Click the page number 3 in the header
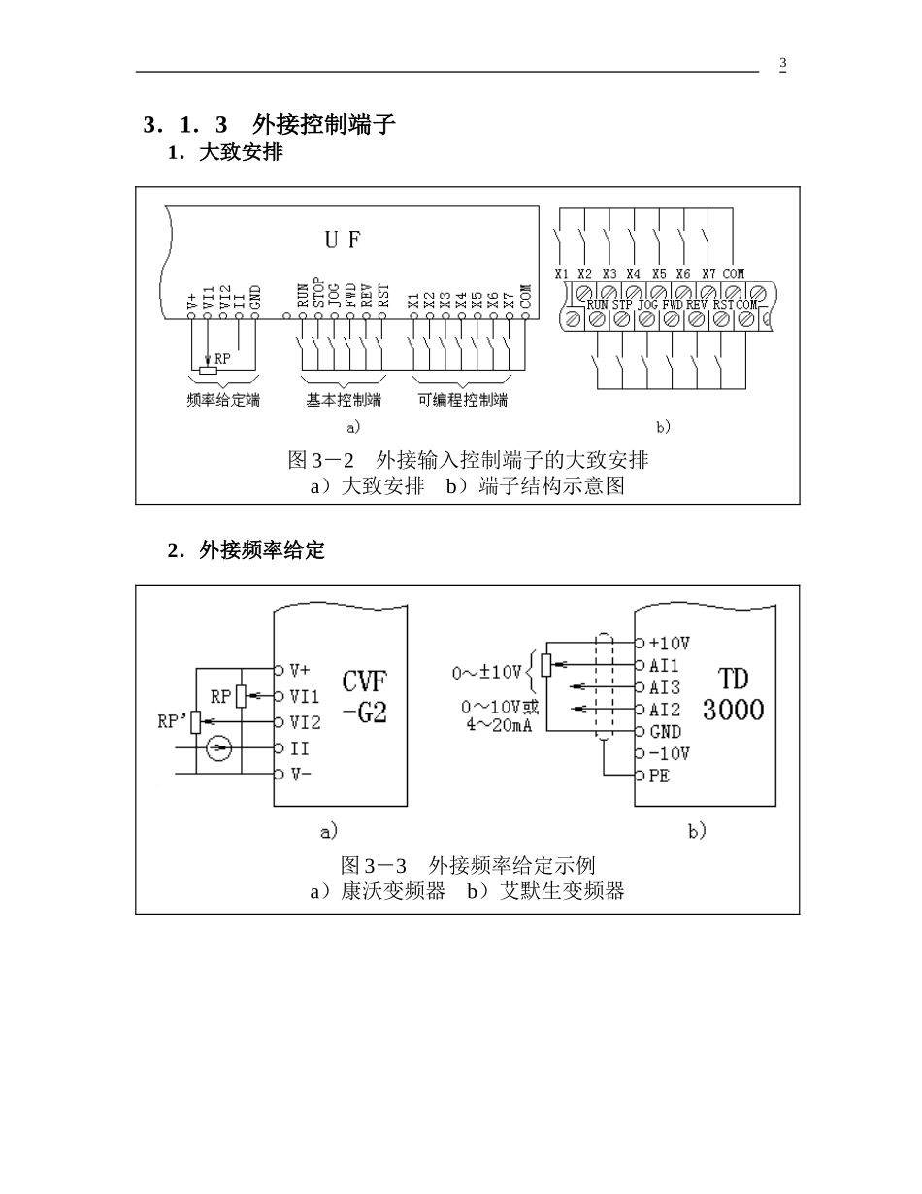pyautogui.click(x=782, y=63)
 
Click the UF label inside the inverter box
pyautogui.click(x=343, y=240)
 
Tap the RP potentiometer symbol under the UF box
pyautogui.click(x=208, y=371)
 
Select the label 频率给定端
pyautogui.click(x=223, y=400)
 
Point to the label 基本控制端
pyautogui.click(x=344, y=400)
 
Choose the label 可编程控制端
pyautogui.click(x=463, y=400)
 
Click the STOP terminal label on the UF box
pyautogui.click(x=318, y=292)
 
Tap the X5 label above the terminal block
pyautogui.click(x=659, y=273)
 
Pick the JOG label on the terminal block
pyautogui.click(x=647, y=305)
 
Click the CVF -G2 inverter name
pyautogui.click(x=365, y=696)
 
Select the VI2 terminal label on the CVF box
pyautogui.click(x=305, y=722)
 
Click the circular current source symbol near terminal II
pyautogui.click(x=218, y=748)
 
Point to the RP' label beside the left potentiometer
pyautogui.click(x=173, y=721)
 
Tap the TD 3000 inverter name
pyautogui.click(x=733, y=694)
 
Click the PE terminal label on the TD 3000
pyautogui.click(x=659, y=776)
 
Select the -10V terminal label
pyautogui.click(x=669, y=753)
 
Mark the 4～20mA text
pyautogui.click(x=499, y=725)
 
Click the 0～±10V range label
pyautogui.click(x=486, y=672)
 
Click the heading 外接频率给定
pyautogui.click(x=262, y=550)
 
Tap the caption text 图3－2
pyautogui.click(x=321, y=460)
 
